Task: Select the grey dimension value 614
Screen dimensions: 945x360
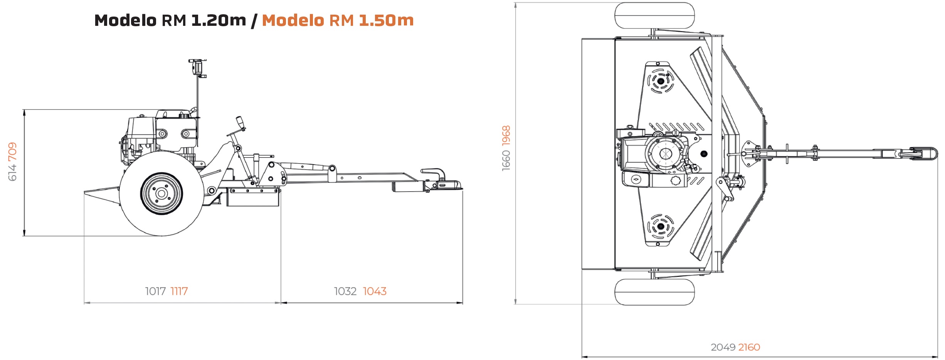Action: click(x=12, y=172)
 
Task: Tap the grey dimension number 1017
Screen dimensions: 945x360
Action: click(x=155, y=291)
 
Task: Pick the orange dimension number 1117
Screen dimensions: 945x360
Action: click(x=179, y=291)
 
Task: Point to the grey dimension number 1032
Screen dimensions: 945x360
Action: click(x=345, y=291)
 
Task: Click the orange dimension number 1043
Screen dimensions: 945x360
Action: click(x=375, y=291)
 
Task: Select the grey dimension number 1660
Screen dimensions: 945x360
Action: click(x=506, y=160)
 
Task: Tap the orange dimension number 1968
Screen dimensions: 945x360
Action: click(x=506, y=136)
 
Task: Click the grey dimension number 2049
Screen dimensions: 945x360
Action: click(x=723, y=347)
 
